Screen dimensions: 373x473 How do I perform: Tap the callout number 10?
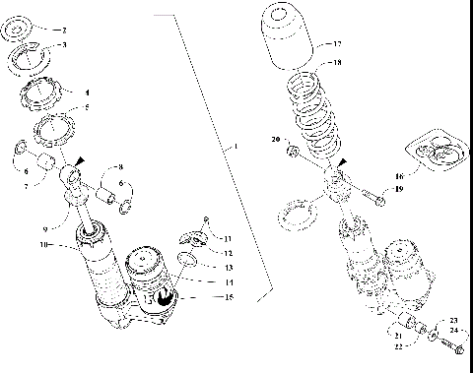(x=43, y=244)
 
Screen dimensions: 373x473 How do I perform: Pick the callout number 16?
(x=400, y=168)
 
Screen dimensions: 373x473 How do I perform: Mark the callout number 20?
(x=276, y=140)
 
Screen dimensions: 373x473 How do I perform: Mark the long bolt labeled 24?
(x=452, y=346)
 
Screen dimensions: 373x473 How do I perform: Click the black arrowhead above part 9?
(x=82, y=159)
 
